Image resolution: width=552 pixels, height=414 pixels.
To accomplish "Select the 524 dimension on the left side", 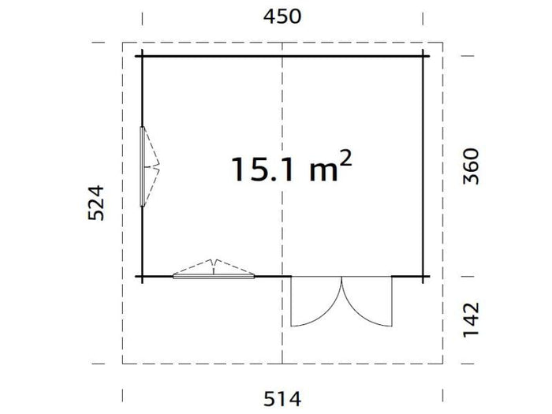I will point(95,203).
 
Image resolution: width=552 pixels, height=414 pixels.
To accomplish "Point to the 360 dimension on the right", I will point(471,166).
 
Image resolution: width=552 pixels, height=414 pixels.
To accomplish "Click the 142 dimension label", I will point(471,319).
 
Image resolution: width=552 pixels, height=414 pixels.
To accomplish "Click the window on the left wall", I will point(142,166).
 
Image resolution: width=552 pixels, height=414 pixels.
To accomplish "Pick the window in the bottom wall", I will point(214,276).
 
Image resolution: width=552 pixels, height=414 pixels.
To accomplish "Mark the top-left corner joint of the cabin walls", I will point(142,57).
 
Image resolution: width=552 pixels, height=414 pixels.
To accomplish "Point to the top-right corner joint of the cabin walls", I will point(423,57).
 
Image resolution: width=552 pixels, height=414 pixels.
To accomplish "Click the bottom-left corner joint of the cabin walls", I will point(142,276).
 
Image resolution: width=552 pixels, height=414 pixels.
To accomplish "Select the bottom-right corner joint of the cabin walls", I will point(423,276).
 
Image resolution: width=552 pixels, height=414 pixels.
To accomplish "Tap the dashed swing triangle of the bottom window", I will point(214,267).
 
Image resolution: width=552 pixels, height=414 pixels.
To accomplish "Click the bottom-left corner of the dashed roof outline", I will point(123,363).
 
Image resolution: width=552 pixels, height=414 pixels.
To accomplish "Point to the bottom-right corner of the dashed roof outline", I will point(442,363).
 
